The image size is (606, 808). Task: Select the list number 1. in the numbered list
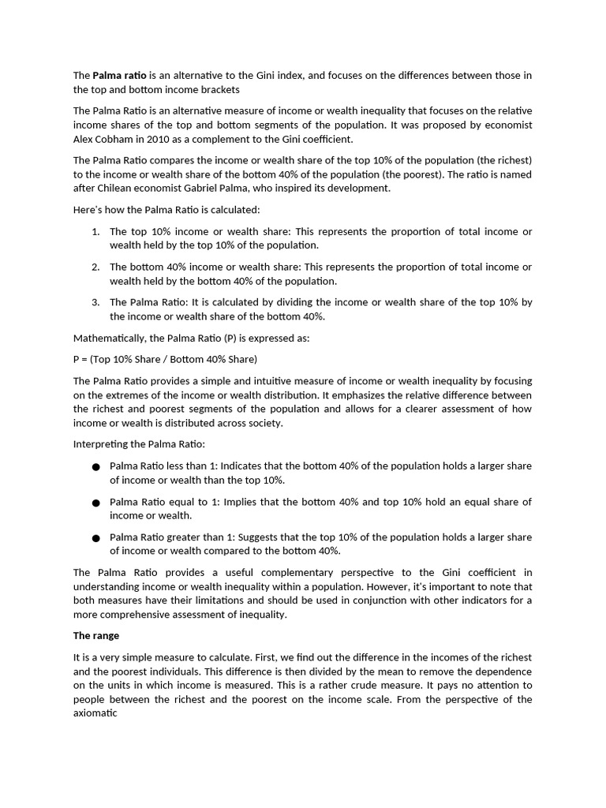(95, 231)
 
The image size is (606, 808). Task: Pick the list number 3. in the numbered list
(95, 302)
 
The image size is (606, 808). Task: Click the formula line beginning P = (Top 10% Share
(165, 359)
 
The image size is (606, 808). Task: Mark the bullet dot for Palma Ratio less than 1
(95, 467)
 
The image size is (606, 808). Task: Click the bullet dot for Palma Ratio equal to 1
(95, 503)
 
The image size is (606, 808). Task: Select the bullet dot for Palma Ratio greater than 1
(95, 538)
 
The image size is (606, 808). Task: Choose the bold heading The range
(96, 636)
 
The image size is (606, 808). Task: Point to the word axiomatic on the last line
(95, 713)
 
